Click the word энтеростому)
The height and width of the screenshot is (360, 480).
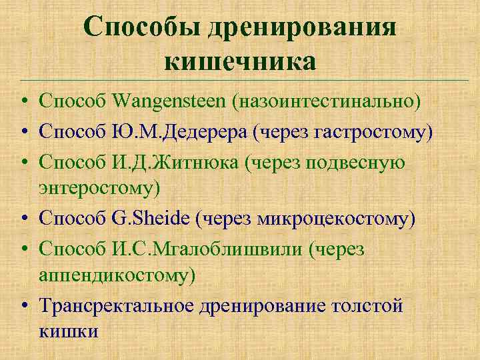pos(100,188)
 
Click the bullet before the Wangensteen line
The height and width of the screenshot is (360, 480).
pos(23,101)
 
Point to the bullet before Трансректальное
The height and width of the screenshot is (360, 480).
pos(23,306)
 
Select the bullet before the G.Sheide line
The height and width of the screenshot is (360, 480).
pos(23,219)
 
